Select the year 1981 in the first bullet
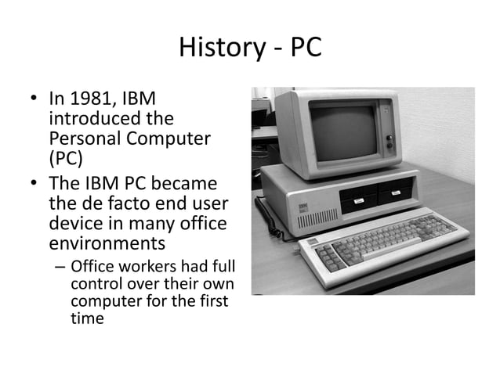(88, 100)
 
